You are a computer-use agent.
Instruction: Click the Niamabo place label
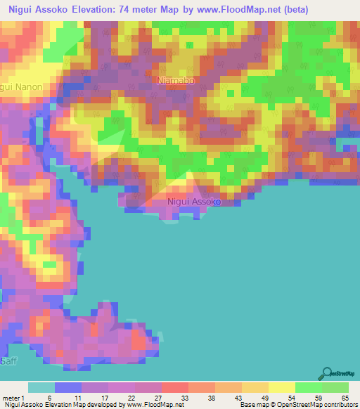point(176,81)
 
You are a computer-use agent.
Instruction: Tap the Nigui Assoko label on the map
point(195,202)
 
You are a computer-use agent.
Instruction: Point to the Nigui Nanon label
point(21,87)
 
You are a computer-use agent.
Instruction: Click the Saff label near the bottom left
point(8,361)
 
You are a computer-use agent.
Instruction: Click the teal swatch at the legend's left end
point(41,387)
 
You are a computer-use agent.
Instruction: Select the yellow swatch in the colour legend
point(282,387)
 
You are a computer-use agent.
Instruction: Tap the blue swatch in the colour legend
point(67,387)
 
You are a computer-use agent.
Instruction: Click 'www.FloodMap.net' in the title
point(231,10)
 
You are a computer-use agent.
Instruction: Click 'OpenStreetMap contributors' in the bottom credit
point(318,405)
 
